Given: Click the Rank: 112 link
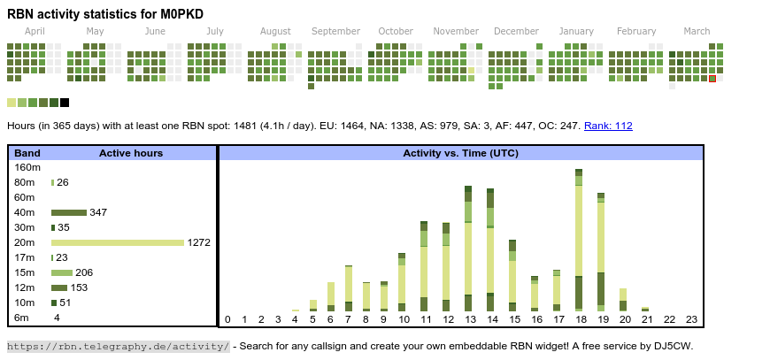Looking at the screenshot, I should click(x=608, y=126).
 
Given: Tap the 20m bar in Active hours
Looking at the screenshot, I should click(x=117, y=242).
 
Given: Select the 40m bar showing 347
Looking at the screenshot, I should click(x=69, y=212).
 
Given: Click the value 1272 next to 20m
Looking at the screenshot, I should click(x=198, y=242).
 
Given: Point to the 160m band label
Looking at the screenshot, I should click(x=27, y=167).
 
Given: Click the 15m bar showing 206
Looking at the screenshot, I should click(x=62, y=272).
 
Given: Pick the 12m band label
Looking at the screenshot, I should click(x=25, y=287).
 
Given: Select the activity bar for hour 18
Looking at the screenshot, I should click(x=579, y=240).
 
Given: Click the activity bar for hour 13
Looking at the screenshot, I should click(x=468, y=249).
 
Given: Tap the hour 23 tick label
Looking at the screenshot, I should click(x=691, y=319).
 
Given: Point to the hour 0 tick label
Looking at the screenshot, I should click(x=227, y=319).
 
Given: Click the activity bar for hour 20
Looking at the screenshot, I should click(x=623, y=300).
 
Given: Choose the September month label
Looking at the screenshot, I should click(x=335, y=31).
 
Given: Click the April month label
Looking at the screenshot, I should click(x=35, y=31).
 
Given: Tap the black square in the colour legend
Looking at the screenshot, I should click(x=65, y=103).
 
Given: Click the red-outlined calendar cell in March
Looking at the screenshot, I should click(x=712, y=79).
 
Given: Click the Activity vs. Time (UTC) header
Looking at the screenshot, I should click(x=460, y=153).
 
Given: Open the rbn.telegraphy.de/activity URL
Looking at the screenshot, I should click(x=119, y=346).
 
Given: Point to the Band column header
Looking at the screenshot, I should click(x=27, y=153).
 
